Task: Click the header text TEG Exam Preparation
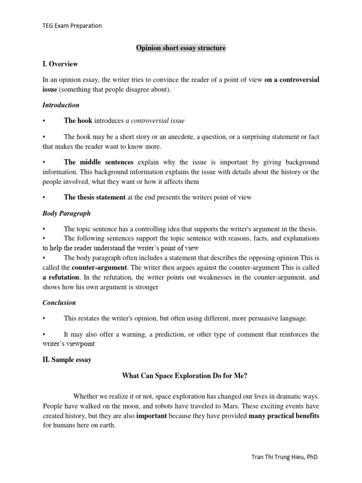pyautogui.click(x=72, y=26)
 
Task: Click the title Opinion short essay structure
pyautogui.click(x=181, y=48)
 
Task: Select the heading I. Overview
pyautogui.click(x=60, y=64)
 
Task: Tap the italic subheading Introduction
pyautogui.click(x=61, y=105)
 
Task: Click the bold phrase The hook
pyautogui.click(x=78, y=121)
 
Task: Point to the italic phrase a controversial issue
pyautogui.click(x=155, y=121)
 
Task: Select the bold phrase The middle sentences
pyautogui.click(x=99, y=162)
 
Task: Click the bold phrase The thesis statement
pyautogui.click(x=94, y=197)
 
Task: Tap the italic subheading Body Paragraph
pyautogui.click(x=66, y=213)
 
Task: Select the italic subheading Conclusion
pyautogui.click(x=59, y=302)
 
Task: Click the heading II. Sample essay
pyautogui.click(x=67, y=359)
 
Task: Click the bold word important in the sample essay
pyautogui.click(x=152, y=416)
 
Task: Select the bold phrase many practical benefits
pyautogui.click(x=284, y=416)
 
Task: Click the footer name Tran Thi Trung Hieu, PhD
pyautogui.click(x=286, y=457)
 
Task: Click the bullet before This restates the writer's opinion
pyautogui.click(x=44, y=318)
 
